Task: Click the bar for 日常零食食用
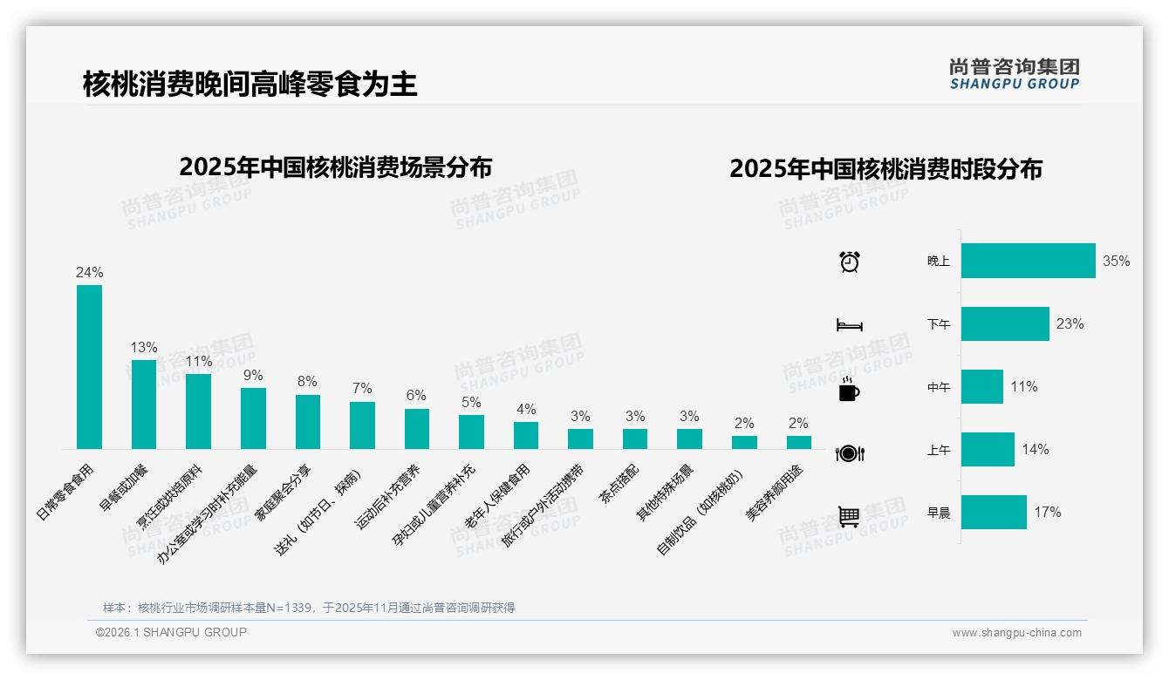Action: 89,367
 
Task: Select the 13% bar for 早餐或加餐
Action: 144,405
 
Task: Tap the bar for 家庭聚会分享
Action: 308,422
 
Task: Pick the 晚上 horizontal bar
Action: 1028,261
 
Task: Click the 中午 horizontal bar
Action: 982,387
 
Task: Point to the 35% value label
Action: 1116,262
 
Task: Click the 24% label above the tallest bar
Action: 89,273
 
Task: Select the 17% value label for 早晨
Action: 1048,513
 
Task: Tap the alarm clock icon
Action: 850,262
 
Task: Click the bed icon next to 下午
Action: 850,325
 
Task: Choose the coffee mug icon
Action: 849,390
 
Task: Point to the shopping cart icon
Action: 849,516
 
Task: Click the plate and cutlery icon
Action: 850,453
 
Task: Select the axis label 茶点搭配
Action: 619,483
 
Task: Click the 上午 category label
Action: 939,451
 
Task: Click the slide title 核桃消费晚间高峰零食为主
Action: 250,84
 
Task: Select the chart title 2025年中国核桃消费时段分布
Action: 885,169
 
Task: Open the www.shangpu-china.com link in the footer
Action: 1016,633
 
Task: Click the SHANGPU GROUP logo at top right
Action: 1015,74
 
